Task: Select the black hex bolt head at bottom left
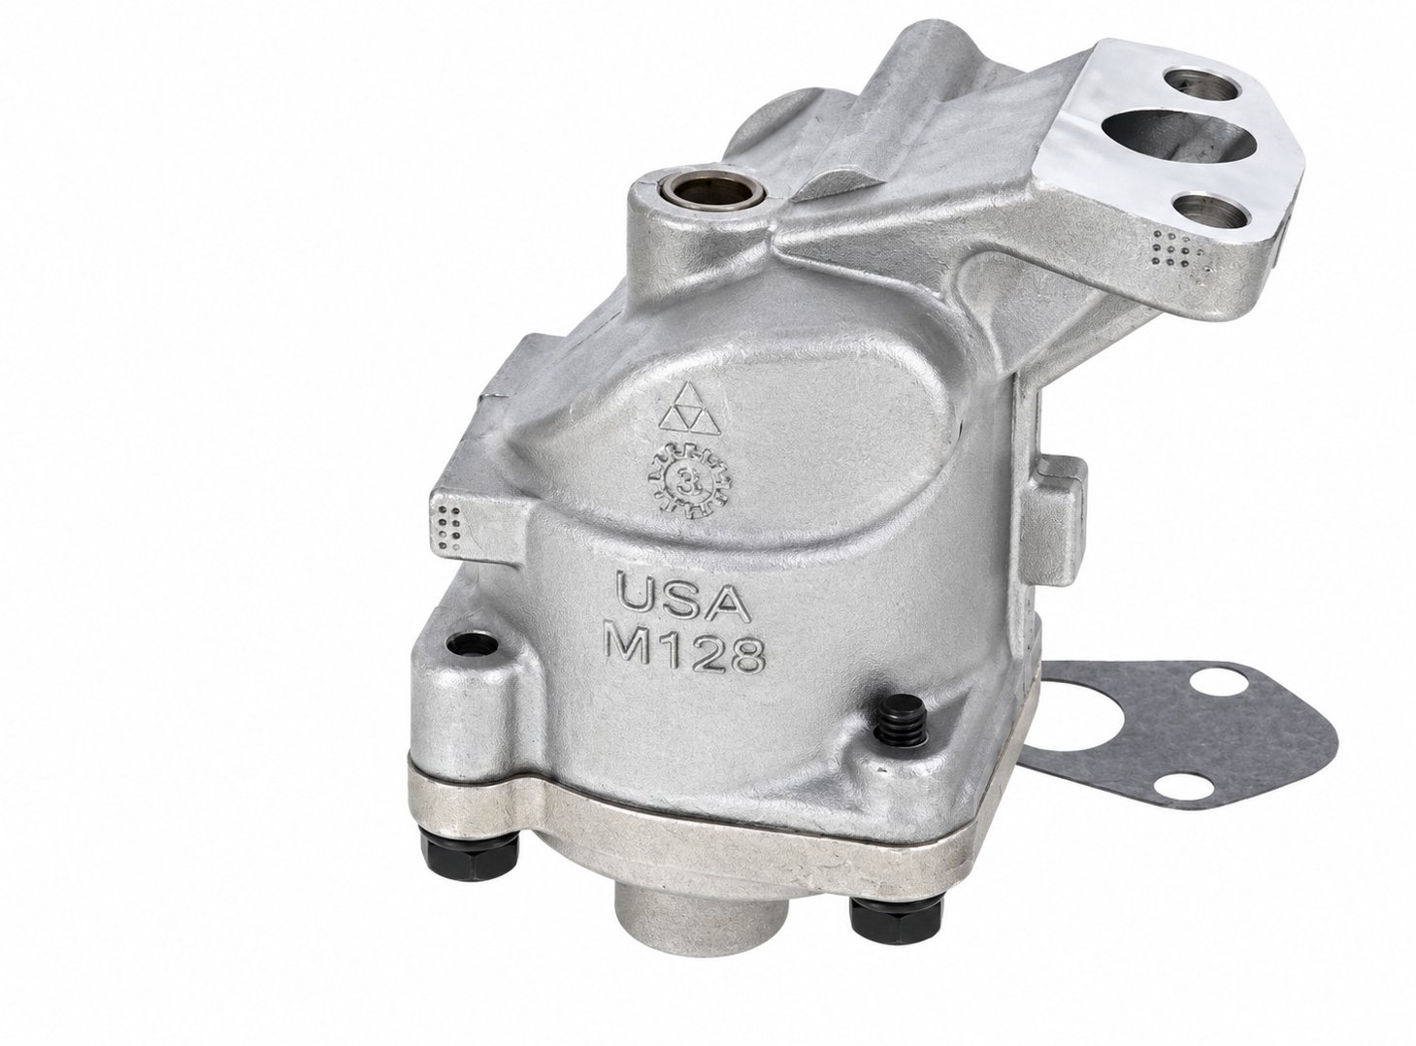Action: coord(473,855)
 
